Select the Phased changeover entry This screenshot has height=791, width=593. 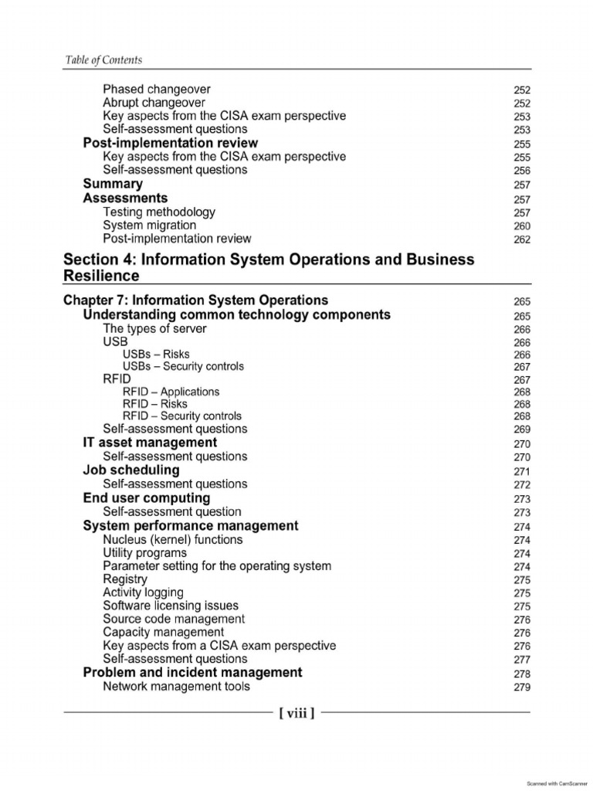coord(156,90)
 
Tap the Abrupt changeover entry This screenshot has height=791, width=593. coord(154,103)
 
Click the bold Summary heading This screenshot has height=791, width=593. coord(113,184)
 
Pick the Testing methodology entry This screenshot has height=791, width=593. coord(159,212)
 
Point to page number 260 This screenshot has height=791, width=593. coord(522,226)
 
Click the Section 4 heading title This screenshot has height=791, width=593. coord(269,267)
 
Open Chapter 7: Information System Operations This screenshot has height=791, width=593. coord(195,300)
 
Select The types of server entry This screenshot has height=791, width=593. coord(154,328)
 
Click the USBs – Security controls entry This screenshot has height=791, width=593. coord(183,366)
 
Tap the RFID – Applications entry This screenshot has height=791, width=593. coord(171,392)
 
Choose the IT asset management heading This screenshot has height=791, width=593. coord(150,443)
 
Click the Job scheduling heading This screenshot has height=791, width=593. coord(131,470)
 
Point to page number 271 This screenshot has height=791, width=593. coord(522,471)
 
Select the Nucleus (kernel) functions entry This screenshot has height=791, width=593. coord(173,540)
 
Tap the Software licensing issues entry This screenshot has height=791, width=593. coord(171,606)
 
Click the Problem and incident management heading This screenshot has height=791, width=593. coord(192,673)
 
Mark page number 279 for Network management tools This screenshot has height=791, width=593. coord(522,687)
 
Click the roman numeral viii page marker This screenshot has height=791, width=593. coord(296,713)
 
